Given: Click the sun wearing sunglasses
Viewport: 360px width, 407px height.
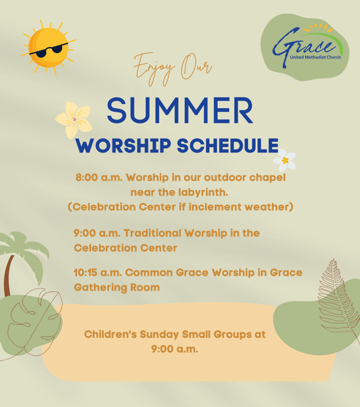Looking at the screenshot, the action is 48,47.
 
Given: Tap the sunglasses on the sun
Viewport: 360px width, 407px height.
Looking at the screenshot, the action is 49,50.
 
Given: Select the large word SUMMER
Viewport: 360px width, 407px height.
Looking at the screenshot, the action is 180,111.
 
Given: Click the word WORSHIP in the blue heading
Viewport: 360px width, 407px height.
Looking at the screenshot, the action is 123,146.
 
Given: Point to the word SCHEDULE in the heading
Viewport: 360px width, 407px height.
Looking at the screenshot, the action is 227,146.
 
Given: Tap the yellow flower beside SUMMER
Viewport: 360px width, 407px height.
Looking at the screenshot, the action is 74,120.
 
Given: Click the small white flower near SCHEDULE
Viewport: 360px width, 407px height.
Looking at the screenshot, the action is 285,160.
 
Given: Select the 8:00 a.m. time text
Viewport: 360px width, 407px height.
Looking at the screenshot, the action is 99,177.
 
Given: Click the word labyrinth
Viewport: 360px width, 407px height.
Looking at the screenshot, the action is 203,193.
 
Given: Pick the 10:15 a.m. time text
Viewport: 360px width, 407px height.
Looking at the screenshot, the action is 98,273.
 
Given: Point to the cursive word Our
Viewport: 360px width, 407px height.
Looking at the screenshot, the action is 196,66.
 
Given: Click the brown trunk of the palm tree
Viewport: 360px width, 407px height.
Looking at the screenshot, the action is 9,276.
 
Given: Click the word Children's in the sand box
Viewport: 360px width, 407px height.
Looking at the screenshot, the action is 111,334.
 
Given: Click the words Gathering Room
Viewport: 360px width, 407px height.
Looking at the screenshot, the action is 117,288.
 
